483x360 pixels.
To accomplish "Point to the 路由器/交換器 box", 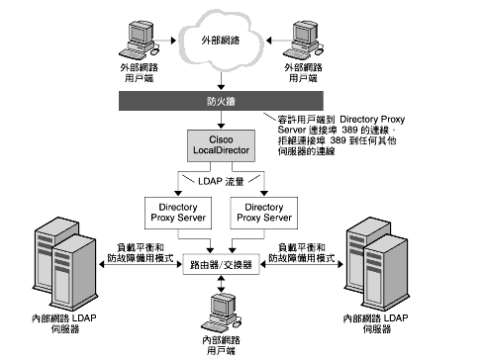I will (x=225, y=266).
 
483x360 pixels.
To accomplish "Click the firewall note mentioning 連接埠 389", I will (x=372, y=133).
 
